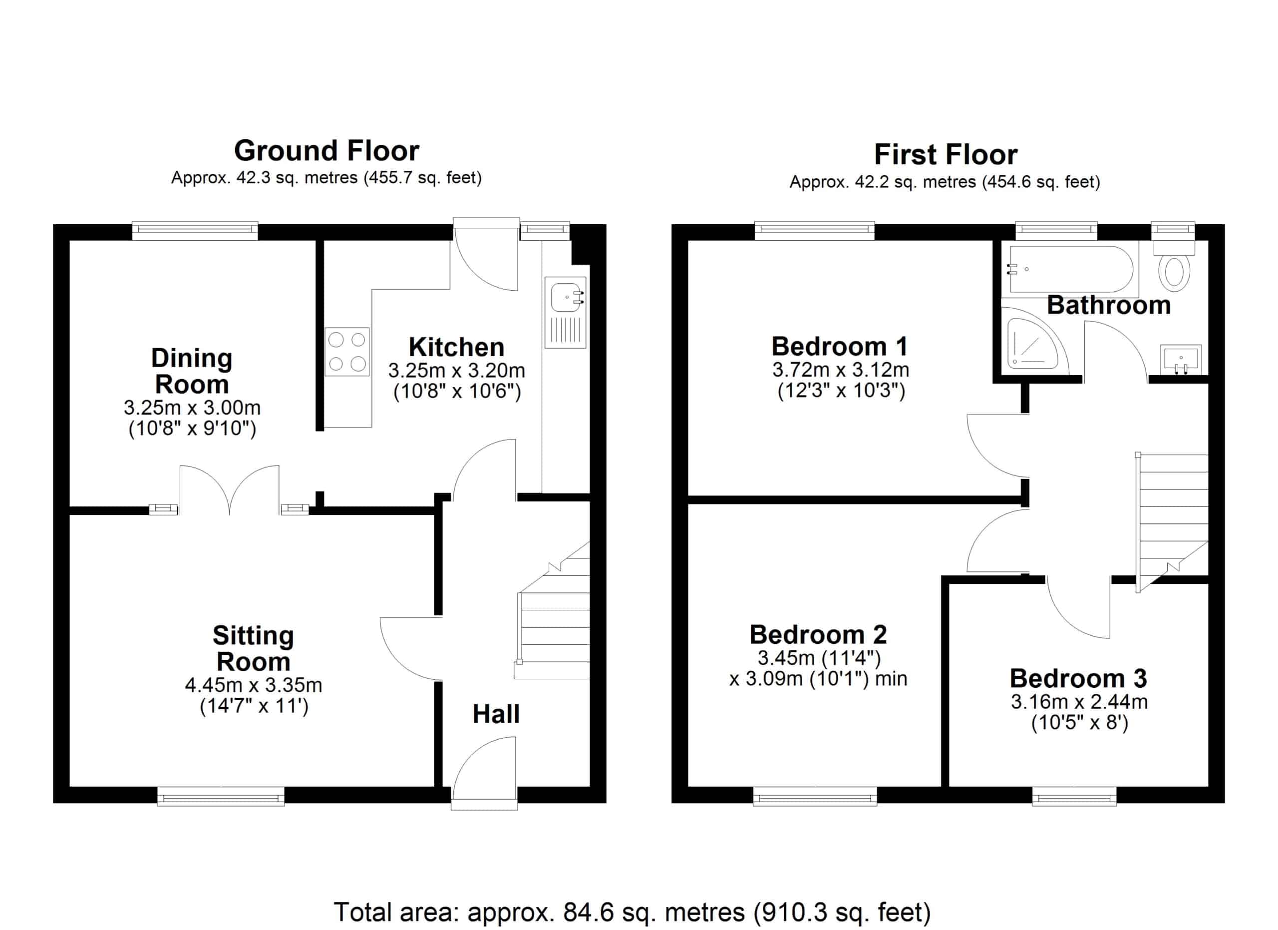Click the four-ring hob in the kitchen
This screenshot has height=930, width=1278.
[x=347, y=352]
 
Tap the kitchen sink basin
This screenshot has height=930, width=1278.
[x=565, y=297]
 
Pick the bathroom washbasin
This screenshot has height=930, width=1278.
[x=1181, y=360]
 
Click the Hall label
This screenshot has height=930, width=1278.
[x=496, y=714]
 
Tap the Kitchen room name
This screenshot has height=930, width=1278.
[x=456, y=347]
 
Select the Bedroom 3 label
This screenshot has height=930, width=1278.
[x=1078, y=678]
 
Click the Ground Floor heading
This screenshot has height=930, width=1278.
[x=326, y=150]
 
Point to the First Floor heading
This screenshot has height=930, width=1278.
[x=946, y=154]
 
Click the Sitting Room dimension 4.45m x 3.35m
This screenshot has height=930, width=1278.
[x=254, y=685]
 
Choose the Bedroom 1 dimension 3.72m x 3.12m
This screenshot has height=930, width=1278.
[x=840, y=370]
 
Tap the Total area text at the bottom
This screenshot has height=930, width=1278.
[x=632, y=912]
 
